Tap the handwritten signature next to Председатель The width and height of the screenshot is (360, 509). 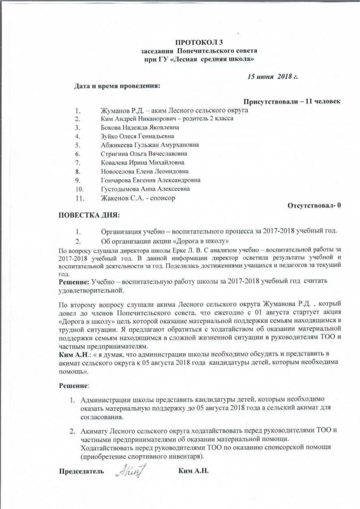point(130,470)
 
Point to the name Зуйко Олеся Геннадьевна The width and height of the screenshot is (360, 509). point(134,136)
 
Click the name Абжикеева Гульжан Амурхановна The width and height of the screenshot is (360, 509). point(143,145)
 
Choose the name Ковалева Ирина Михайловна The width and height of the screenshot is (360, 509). point(136,163)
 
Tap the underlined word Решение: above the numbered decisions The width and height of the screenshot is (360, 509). point(74,385)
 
